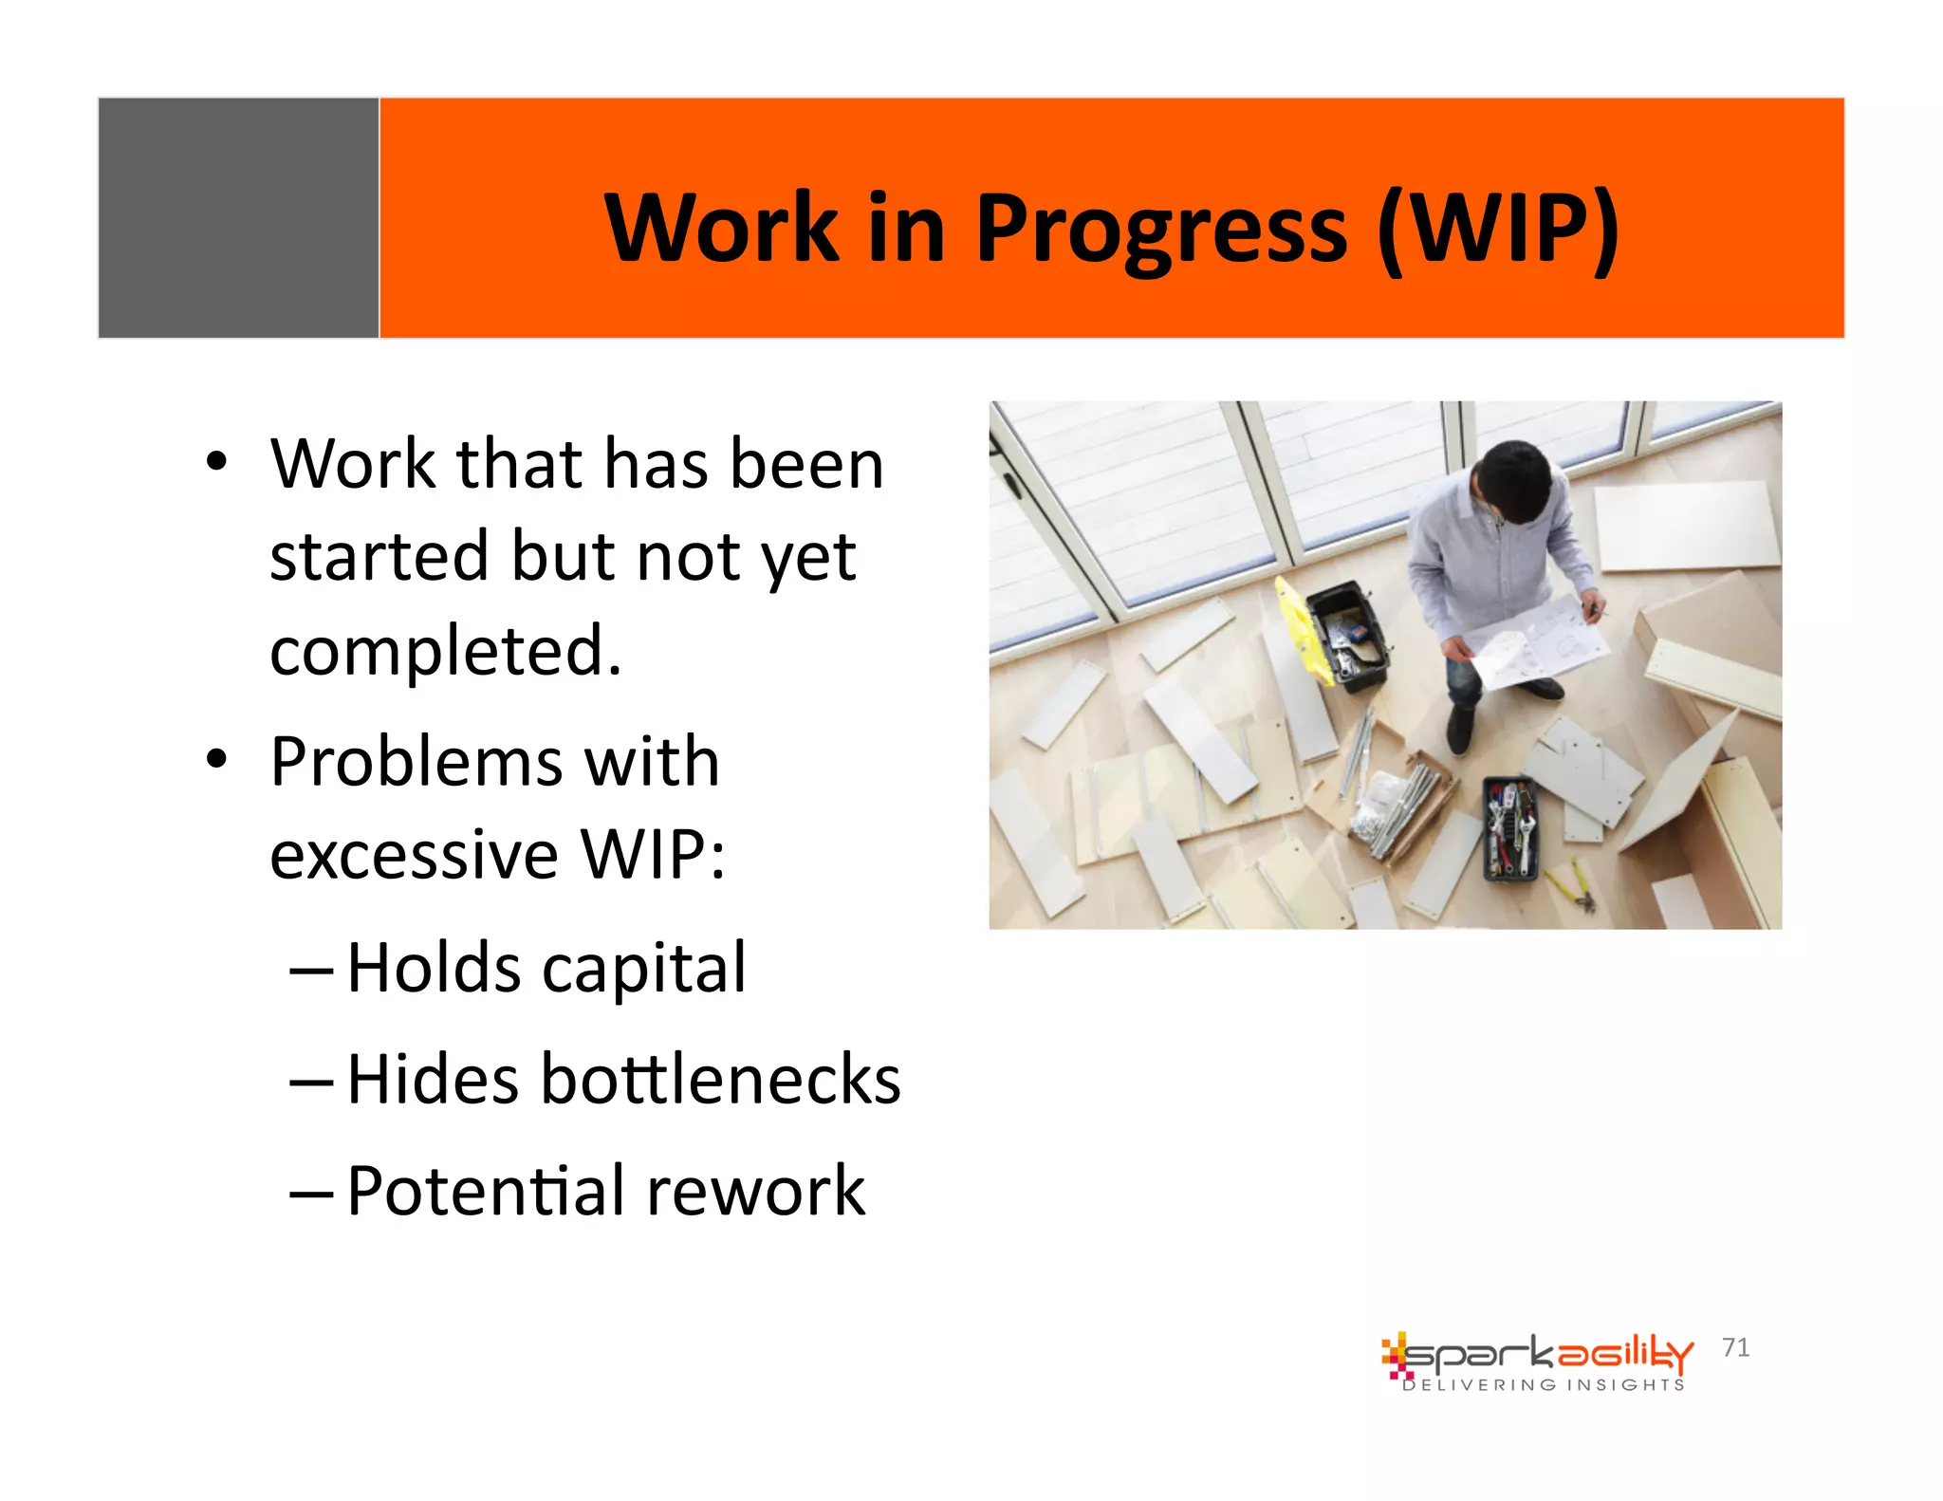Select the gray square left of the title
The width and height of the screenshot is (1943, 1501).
238,217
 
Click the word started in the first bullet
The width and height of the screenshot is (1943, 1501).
379,556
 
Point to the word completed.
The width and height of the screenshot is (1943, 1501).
445,651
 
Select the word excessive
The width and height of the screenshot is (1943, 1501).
414,854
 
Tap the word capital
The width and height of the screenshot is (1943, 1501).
644,969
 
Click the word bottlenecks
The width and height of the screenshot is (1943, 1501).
719,1080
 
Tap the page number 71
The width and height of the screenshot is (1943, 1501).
1735,1347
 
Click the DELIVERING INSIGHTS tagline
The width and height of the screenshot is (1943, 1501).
1544,1385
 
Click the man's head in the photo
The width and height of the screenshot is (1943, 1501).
1515,480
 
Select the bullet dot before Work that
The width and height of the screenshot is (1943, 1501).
217,463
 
